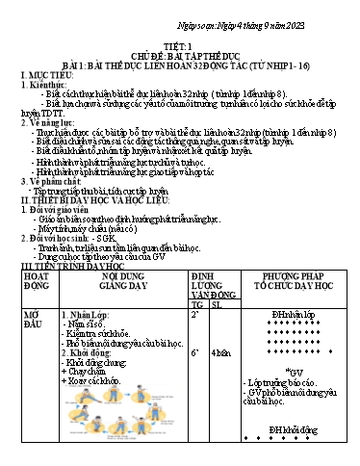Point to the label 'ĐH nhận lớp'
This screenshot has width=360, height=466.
291,315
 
